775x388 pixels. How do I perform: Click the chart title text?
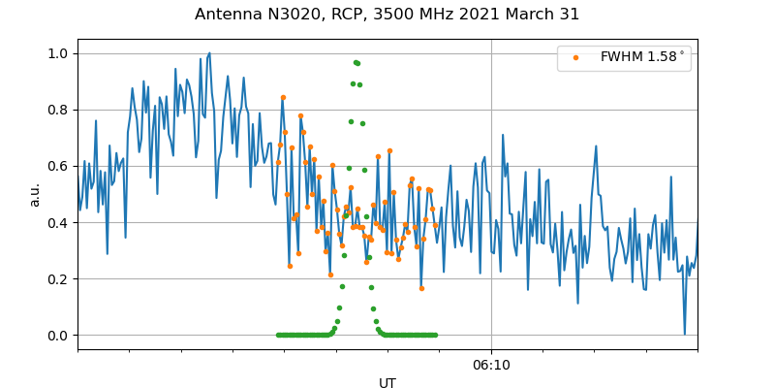387,15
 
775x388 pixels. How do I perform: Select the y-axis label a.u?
35,194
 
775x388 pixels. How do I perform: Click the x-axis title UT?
387,383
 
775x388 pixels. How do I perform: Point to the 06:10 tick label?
491,365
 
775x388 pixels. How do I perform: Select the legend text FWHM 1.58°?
642,57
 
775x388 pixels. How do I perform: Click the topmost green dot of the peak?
356,62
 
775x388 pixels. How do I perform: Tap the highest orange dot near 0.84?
283,97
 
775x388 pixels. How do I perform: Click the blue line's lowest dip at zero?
684,334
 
